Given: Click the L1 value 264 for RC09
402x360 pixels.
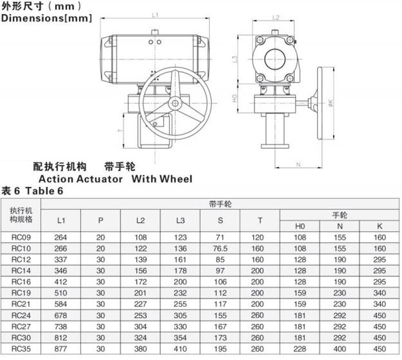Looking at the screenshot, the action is [x=61, y=238].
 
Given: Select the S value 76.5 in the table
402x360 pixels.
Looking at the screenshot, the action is [x=220, y=249].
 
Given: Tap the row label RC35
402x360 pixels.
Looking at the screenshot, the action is [x=21, y=349].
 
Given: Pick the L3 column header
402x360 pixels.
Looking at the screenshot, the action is [x=180, y=220].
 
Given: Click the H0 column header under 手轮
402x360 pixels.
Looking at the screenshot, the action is [x=300, y=226].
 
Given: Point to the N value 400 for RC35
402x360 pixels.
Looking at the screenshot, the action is [x=340, y=349].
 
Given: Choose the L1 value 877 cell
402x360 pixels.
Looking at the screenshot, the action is [x=61, y=349].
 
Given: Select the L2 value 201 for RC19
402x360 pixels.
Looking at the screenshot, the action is [x=141, y=293].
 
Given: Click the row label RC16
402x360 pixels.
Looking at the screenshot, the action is [x=21, y=282].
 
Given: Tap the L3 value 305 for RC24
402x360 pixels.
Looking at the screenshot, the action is [x=180, y=315].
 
